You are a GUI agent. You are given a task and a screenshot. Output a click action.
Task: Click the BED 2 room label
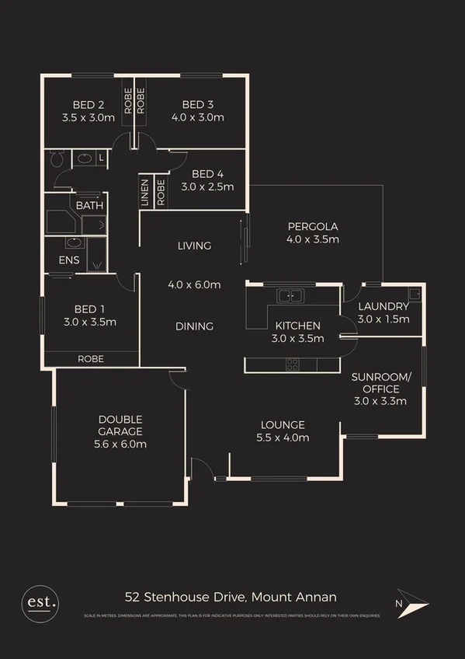88,105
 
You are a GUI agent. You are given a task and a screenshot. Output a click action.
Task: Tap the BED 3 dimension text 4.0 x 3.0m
197,118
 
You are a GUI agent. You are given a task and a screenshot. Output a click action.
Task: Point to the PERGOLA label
312,226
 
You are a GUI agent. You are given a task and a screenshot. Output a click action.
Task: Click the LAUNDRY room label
383,306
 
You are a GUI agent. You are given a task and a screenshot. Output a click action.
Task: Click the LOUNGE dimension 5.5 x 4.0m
283,438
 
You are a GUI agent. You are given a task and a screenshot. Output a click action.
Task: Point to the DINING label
194,326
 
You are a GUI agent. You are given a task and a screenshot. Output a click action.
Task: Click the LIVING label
194,246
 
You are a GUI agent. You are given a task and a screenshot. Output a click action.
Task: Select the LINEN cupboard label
144,192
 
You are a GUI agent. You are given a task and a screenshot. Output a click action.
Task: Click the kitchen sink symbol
292,295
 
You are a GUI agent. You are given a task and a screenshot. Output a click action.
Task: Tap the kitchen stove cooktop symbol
292,363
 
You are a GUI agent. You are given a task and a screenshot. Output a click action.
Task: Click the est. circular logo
40,601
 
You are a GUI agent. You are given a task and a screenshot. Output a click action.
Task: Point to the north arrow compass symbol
412,603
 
